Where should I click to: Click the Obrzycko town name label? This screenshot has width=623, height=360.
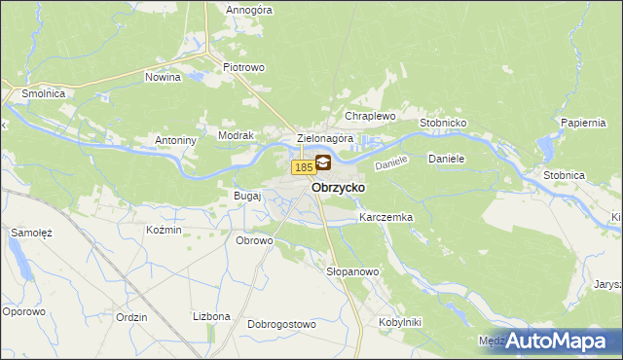(338, 187)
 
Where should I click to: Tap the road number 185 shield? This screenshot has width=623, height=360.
(303, 168)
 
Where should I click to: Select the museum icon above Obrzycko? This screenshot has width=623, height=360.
(322, 164)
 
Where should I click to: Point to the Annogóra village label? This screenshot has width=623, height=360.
(248, 10)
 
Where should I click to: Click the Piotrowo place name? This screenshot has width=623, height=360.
(244, 67)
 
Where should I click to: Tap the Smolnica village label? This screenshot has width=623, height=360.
(38, 93)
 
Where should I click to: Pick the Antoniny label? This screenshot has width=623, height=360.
(176, 140)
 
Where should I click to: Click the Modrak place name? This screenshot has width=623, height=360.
(236, 136)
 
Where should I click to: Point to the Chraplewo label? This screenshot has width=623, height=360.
(370, 116)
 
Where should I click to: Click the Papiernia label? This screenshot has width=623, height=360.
(585, 124)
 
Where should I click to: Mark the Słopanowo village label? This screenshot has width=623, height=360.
(351, 271)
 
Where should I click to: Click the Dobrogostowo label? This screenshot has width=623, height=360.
(282, 324)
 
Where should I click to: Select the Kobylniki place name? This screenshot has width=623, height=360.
(399, 321)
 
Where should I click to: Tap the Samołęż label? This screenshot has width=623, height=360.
(31, 234)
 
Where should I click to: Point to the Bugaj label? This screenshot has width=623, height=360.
(247, 196)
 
